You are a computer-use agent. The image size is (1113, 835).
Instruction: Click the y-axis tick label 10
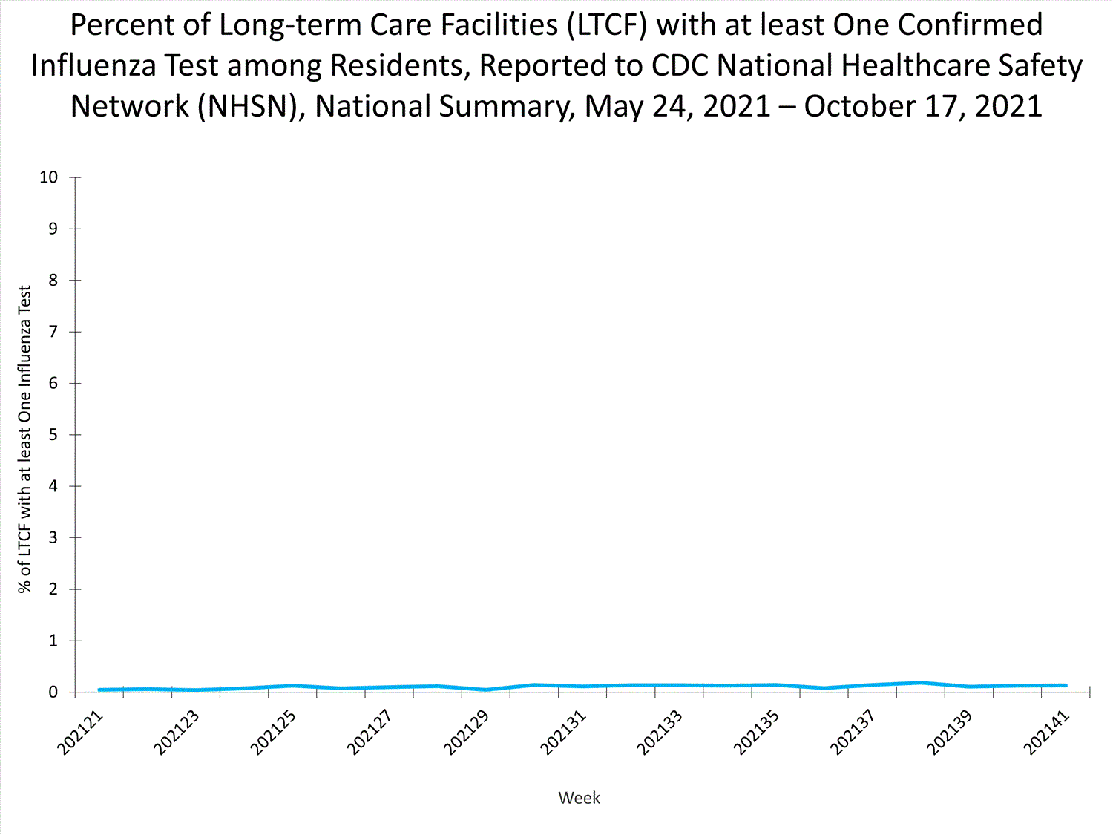click(49, 177)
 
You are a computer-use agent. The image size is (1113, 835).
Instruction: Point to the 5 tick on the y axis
click(53, 435)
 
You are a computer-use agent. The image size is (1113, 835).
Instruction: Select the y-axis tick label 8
click(53, 281)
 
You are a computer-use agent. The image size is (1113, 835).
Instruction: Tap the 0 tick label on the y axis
click(53, 692)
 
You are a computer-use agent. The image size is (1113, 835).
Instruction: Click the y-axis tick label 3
click(53, 538)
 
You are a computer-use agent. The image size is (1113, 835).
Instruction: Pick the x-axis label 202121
click(80, 733)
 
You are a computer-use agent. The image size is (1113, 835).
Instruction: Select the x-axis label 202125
click(273, 733)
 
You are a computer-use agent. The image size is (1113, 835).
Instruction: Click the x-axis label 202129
click(466, 733)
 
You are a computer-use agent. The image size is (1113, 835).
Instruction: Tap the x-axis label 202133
click(660, 733)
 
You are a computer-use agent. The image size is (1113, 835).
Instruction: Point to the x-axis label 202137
click(853, 733)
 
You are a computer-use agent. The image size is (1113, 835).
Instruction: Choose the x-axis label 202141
click(1046, 733)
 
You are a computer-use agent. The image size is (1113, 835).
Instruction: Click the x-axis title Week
click(579, 798)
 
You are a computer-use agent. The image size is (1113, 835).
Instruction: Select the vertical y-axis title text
click(25, 439)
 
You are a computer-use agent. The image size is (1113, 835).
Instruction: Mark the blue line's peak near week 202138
click(920, 683)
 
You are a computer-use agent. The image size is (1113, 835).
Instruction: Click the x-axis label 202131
click(563, 733)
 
